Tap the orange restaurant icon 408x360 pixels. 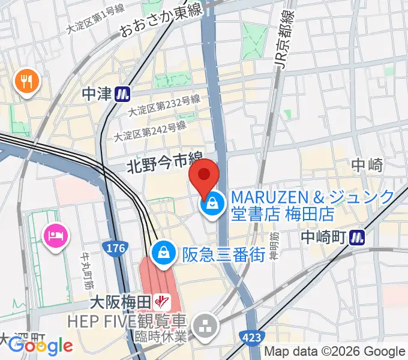[27, 80]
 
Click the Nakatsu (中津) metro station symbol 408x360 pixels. [124, 93]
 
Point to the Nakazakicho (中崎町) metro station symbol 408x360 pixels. [358, 238]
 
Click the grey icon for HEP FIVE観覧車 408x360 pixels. [208, 326]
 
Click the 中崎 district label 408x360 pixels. [367, 165]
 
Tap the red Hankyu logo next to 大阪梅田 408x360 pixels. [160, 299]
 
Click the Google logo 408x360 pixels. [40, 346]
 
